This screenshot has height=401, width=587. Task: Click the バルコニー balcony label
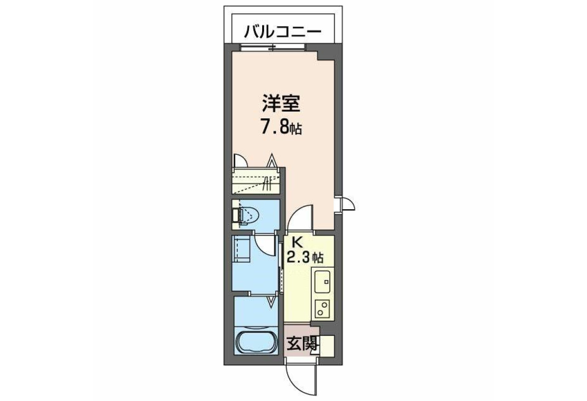(283, 32)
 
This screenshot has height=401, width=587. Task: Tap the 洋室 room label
(281, 103)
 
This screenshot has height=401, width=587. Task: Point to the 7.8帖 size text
(281, 128)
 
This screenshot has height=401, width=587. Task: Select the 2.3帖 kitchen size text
(305, 257)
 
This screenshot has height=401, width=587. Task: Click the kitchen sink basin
(322, 281)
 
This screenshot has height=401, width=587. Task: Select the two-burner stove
(322, 309)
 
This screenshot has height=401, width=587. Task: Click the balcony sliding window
(273, 47)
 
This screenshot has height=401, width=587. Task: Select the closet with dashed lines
(256, 181)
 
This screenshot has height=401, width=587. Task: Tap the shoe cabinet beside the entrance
(327, 346)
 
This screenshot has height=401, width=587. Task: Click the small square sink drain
(326, 282)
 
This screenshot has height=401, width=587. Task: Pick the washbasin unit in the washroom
(241, 249)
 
